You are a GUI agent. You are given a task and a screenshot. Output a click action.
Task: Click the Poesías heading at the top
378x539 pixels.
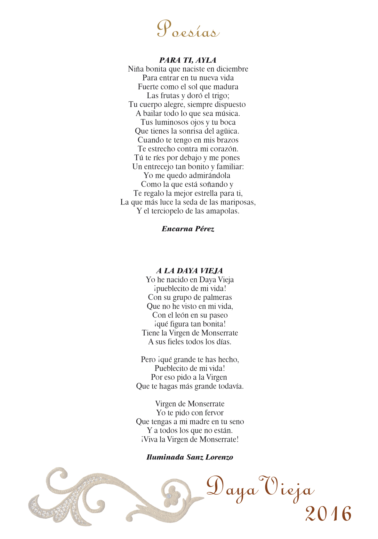coord(188,30)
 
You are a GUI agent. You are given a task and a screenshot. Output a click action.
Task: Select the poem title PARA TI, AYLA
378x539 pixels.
coord(188,60)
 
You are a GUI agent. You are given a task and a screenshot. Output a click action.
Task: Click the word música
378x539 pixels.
coord(228,113)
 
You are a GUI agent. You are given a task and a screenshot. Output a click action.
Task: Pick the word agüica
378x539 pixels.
coord(227,131)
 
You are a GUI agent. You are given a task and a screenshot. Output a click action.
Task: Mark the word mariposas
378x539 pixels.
coord(238,202)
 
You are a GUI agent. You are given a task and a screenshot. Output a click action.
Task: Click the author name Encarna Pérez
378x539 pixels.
coord(188,229)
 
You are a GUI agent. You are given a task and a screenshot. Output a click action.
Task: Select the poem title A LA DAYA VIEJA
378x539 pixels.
coord(189,271)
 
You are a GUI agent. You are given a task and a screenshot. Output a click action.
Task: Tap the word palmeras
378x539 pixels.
coord(217,297)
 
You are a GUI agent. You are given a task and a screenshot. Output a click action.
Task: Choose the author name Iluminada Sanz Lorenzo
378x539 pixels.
coord(189,457)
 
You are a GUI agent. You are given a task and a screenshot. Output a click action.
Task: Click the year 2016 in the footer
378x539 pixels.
coord(328,514)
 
